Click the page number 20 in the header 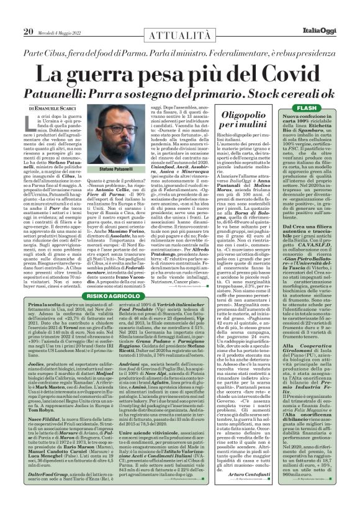(28, 14)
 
